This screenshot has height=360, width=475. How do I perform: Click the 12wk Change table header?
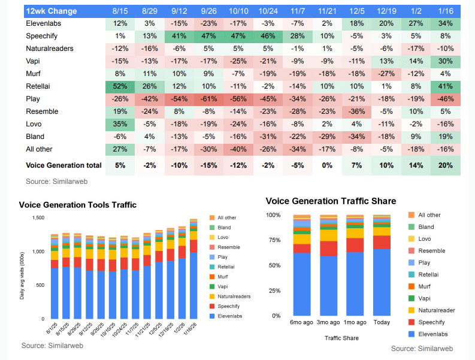click(x=50, y=11)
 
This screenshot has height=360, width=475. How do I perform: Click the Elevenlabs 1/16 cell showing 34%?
click(x=444, y=24)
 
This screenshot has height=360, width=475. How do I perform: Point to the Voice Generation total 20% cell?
click(x=444, y=165)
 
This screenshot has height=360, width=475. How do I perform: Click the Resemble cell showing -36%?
click(x=357, y=111)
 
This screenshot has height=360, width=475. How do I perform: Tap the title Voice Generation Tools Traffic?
click(x=78, y=205)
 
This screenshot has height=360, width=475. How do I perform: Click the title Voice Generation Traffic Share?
click(x=331, y=201)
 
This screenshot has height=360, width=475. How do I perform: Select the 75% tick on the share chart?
click(x=274, y=240)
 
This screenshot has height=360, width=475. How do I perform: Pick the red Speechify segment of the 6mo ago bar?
click(x=301, y=248)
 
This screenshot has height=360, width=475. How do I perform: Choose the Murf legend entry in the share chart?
click(x=425, y=286)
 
